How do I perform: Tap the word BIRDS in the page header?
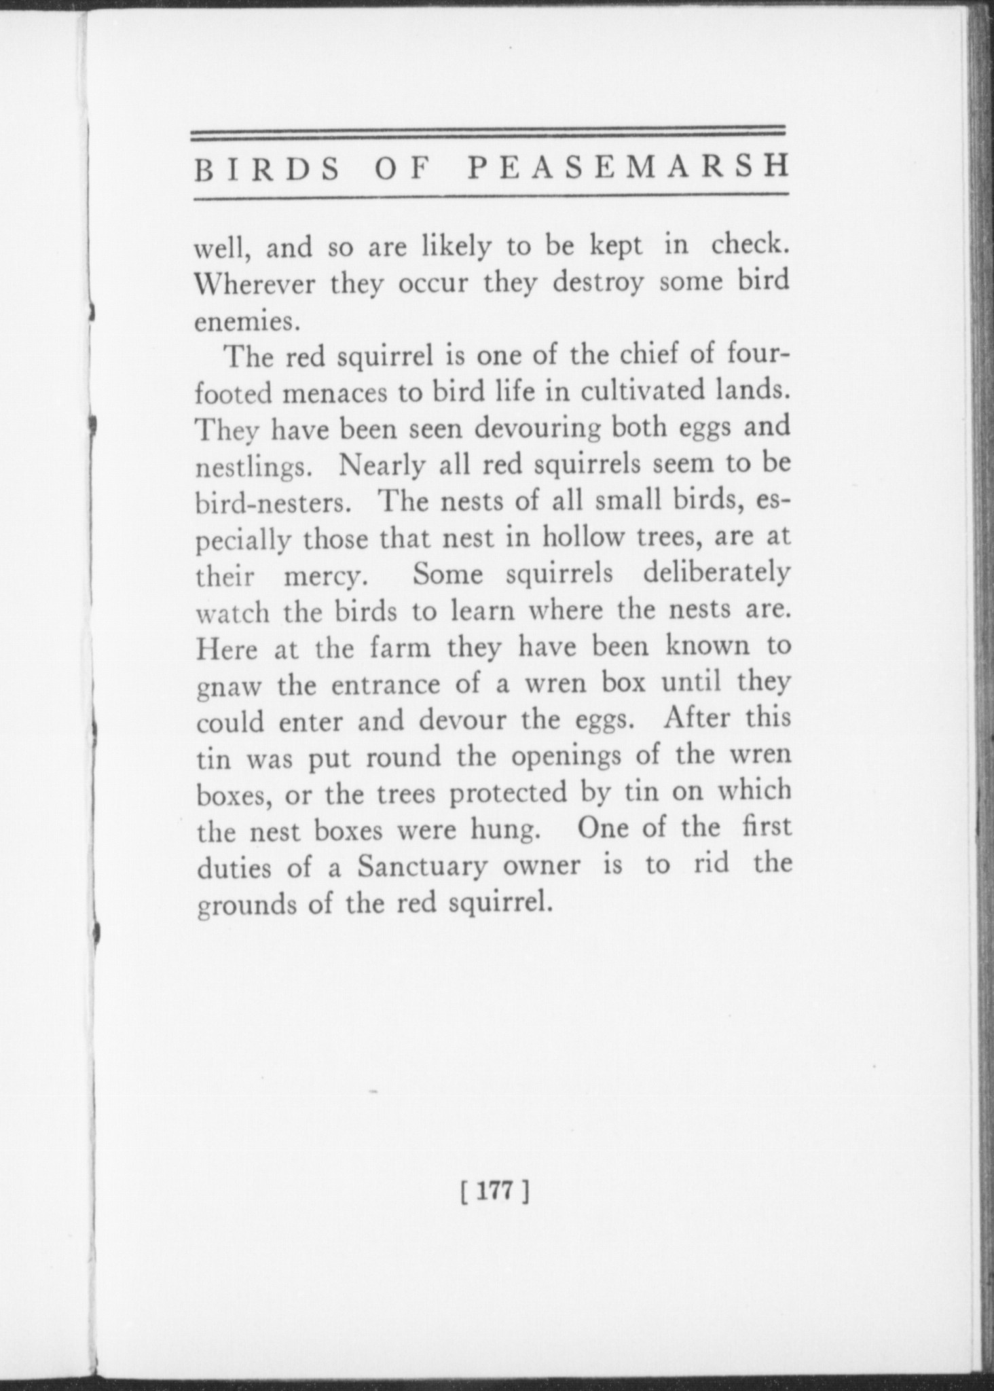pos(268,170)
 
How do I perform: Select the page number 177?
pos(494,1192)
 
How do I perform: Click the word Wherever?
pos(255,283)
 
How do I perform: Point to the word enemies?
pos(246,321)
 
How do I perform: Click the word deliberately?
pos(716,575)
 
